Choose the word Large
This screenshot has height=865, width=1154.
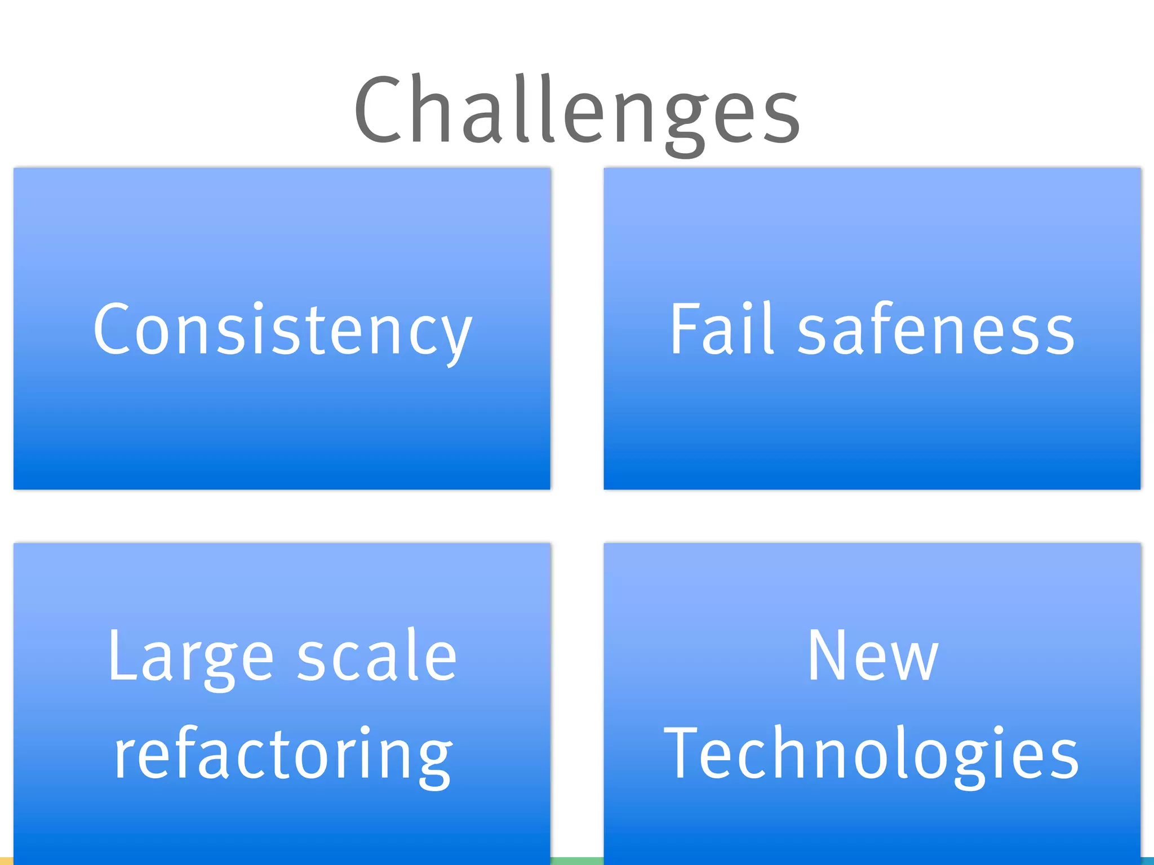(191, 657)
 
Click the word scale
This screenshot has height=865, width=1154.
(377, 656)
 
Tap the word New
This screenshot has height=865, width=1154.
(873, 656)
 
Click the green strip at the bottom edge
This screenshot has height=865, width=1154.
(577, 861)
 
